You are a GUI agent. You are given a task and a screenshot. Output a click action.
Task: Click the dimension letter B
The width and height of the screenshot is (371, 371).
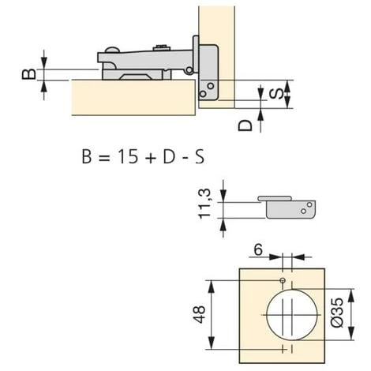pos(29,74)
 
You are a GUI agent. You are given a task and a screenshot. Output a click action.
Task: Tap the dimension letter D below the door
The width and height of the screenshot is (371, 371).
pos(245,126)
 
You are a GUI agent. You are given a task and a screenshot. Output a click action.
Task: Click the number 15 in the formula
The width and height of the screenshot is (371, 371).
pos(128,156)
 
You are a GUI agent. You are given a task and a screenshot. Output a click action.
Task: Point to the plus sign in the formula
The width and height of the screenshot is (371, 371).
pos(151,158)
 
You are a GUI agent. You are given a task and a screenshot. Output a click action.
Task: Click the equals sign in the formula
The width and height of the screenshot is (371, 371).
pos(103,158)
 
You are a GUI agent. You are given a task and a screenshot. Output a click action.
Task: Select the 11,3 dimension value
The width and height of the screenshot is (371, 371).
pos(204,204)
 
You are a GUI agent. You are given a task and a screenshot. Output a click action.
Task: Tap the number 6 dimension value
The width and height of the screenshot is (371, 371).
pos(258,249)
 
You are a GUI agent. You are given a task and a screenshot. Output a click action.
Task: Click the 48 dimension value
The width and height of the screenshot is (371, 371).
pos(199,314)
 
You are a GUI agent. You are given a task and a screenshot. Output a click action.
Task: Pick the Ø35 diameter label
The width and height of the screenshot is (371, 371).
pos(337,313)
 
